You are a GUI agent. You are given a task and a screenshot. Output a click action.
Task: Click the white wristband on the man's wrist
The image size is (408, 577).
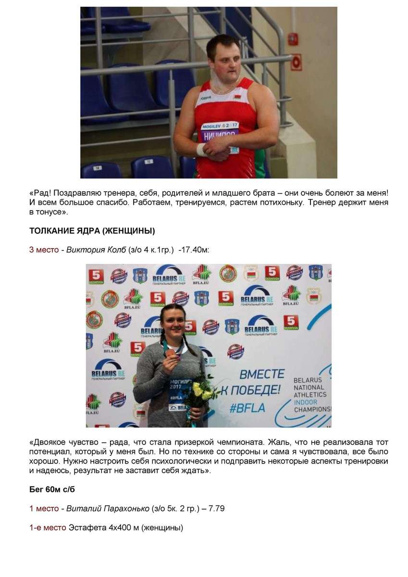pyautogui.click(x=201, y=149)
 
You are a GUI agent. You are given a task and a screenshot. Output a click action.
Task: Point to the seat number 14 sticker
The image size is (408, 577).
pyautogui.click(x=98, y=168)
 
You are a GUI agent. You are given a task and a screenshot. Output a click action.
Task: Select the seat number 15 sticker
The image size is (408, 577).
pyautogui.click(x=149, y=162)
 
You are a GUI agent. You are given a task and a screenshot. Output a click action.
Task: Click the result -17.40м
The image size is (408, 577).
pyautogui.click(x=193, y=250)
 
